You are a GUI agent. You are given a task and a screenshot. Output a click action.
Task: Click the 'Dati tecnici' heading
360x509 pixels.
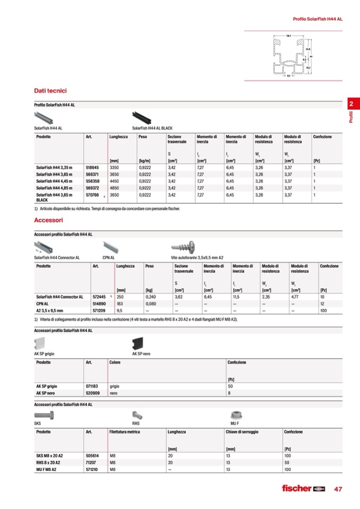pos(50,91)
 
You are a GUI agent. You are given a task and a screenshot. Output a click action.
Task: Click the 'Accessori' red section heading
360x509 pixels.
pos(48,219)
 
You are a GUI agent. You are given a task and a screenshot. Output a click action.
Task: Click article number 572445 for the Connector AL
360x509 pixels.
pos(99,297)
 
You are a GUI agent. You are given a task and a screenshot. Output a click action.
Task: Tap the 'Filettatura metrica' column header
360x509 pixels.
pos(125,432)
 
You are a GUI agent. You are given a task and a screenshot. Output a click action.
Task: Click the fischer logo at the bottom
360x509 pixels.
pos(303,489)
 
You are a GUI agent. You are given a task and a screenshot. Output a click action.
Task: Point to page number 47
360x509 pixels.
pos(338,489)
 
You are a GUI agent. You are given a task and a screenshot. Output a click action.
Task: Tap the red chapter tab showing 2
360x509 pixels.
pos(351,104)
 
